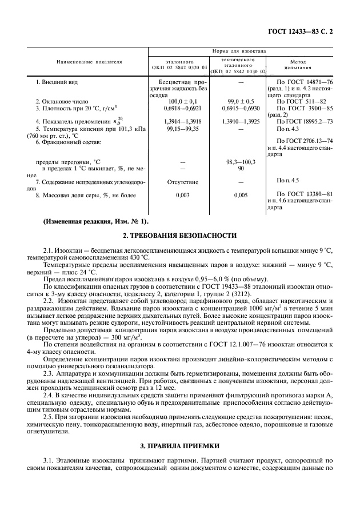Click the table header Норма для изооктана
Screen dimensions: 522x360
click(240, 51)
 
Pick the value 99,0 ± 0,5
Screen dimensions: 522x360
click(237, 101)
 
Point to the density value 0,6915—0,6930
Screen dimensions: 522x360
click(237, 107)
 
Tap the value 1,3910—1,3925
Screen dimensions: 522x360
click(237, 121)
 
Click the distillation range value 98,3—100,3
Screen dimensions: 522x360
click(237, 162)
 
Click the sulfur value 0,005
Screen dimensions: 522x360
click(237, 195)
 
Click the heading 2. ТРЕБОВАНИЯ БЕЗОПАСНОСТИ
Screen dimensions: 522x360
click(179, 235)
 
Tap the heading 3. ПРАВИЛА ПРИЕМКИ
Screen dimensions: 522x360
click(179, 444)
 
